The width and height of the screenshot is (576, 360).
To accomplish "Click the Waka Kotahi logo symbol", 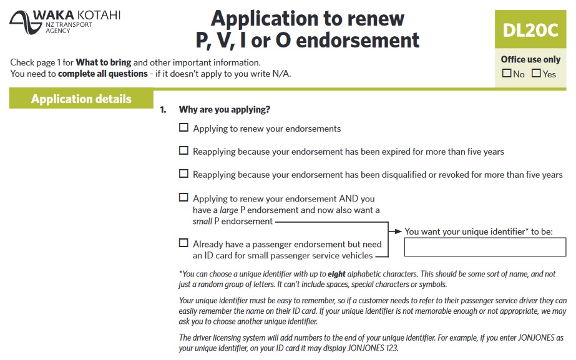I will pos(22,22).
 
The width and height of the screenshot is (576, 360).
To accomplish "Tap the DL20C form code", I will pos(530,30).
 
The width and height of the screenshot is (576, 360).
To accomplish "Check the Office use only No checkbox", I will pos(507,74).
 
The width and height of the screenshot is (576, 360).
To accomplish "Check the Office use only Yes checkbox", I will pos(536,74).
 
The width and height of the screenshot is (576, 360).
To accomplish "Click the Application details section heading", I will pos(81,99).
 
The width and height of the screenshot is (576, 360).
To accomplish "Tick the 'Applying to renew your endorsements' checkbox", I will pos(183,128).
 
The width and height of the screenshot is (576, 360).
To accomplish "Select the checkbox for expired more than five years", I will pos(183,150).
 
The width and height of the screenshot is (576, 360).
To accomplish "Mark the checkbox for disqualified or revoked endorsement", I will pos(183,173).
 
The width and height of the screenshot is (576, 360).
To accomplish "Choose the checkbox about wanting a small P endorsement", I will pos(183,197).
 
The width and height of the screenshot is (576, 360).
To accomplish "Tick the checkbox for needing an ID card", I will pos(183,243).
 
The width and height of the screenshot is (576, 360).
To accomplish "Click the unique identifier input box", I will pos(485,248).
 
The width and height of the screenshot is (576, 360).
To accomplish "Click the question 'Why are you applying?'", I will pos(224,110).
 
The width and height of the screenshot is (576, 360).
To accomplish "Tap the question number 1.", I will pos(163,110).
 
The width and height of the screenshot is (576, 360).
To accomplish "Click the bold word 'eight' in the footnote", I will pos(337,274).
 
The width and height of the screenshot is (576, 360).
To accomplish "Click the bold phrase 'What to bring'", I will pos(103,62).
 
